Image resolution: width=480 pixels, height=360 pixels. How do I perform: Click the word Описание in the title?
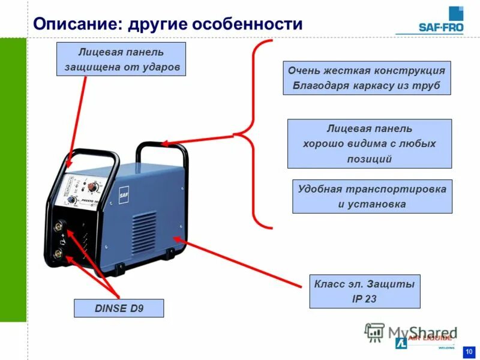(74, 24)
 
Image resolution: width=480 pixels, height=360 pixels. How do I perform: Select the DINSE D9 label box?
(119, 308)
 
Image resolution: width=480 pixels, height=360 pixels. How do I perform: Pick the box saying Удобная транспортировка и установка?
(372, 196)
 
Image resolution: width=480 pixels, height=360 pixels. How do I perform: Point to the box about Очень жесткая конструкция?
(367, 78)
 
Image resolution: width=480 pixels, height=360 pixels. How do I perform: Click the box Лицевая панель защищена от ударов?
(121, 59)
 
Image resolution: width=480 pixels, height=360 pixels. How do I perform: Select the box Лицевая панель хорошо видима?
(369, 143)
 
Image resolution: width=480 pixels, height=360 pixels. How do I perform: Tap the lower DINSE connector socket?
(61, 254)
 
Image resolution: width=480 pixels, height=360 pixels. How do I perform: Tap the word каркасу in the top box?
(376, 86)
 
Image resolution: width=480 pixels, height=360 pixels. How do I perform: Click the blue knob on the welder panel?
(71, 200)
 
